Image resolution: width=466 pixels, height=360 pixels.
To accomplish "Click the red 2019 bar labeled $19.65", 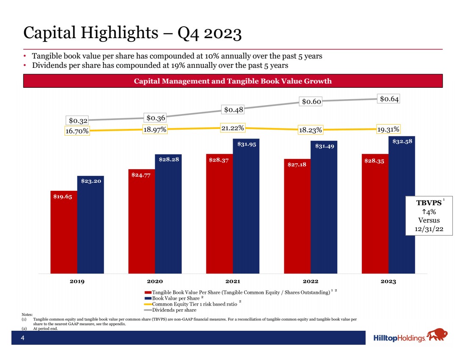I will tap(64, 233).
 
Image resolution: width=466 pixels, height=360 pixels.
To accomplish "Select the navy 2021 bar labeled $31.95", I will tap(246, 208).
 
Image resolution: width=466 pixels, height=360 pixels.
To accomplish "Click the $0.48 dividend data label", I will tap(234, 109).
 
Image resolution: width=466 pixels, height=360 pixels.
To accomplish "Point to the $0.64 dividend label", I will tap(389, 99).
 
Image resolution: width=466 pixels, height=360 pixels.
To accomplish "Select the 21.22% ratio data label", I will tap(234, 128).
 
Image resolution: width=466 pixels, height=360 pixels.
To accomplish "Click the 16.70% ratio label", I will tap(77, 131).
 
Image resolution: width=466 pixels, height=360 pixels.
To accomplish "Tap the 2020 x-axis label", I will tap(155, 281).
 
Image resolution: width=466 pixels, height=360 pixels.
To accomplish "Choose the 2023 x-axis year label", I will tap(388, 281).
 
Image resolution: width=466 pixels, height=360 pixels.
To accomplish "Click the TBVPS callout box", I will tap(429, 215).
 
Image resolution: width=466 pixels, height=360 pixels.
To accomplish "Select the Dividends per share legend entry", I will tap(174, 310).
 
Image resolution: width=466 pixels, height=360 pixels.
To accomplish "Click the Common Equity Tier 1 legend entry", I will tap(193, 304).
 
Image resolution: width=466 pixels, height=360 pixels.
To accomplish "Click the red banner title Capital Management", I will tap(233, 81).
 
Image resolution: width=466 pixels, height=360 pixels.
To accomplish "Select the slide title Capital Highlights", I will tap(132, 33).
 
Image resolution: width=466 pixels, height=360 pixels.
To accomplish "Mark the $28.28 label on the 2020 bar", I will tap(168, 159).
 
